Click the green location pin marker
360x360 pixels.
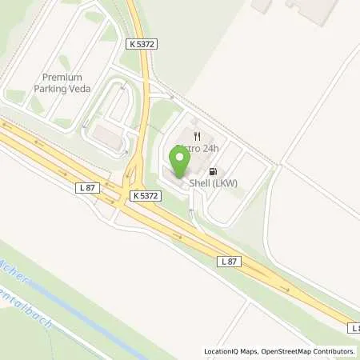[179, 162]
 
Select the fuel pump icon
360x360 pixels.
[212, 170]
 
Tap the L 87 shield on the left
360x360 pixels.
[89, 186]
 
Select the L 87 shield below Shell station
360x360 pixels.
[229, 261]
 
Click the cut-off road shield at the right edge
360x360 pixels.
[354, 327]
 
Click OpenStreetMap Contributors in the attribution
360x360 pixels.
[311, 351]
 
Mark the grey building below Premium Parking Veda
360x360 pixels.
[106, 137]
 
